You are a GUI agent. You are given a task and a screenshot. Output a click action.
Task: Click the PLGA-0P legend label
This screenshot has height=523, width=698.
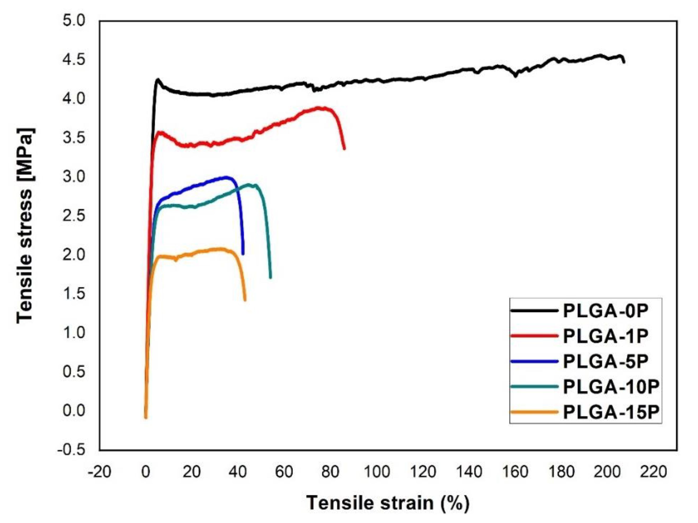point(606,311)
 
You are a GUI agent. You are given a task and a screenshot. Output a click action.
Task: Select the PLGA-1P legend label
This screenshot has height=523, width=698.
point(606,336)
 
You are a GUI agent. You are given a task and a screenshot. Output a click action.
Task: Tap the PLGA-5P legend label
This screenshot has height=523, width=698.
point(606,362)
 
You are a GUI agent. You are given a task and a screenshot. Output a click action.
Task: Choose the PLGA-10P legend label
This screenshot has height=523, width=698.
point(611,387)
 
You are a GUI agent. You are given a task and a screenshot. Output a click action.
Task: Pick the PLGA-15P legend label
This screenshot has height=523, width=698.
point(611,412)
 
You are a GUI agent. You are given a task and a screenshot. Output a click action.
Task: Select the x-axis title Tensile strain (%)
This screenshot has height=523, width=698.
point(388,503)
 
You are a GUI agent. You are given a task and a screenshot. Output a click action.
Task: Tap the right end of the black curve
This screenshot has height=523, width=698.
point(624,62)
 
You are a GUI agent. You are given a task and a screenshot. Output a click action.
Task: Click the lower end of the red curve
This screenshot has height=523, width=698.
point(344,148)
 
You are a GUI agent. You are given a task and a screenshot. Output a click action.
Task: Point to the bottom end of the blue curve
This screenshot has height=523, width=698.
point(243,254)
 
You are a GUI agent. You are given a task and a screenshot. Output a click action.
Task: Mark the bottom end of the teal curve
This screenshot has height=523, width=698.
point(270,277)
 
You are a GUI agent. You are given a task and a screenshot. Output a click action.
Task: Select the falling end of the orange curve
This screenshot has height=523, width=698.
point(245,300)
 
